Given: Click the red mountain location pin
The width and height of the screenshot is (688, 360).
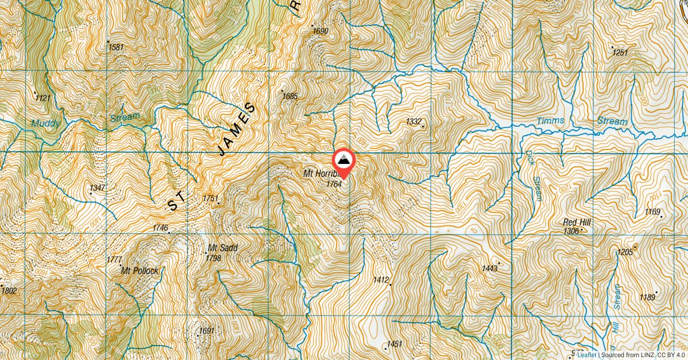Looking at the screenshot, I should (x=344, y=161).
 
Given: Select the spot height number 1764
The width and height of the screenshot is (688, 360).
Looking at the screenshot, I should (x=334, y=184).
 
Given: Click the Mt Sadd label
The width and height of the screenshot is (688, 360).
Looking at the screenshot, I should (x=222, y=248).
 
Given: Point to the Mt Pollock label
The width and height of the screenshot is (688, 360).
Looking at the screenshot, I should (x=139, y=271).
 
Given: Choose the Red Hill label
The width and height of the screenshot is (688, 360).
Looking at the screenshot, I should (x=577, y=222).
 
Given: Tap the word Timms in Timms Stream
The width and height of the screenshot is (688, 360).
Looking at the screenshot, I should (x=550, y=121).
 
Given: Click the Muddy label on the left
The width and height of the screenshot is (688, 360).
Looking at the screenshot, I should (x=45, y=123).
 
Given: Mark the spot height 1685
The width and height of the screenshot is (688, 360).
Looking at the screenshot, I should (x=290, y=96).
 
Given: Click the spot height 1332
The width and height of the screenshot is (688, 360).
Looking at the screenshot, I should (x=413, y=121).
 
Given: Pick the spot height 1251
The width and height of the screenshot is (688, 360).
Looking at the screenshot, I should (x=620, y=53).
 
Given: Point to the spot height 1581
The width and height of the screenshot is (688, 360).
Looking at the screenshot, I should (x=115, y=47).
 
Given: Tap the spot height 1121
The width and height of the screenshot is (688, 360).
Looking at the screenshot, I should (x=42, y=99).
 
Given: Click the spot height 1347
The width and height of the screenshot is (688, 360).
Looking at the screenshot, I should (x=97, y=188).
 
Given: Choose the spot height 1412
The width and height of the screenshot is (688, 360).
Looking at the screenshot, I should (x=381, y=280).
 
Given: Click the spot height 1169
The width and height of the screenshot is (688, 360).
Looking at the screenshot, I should (x=652, y=212).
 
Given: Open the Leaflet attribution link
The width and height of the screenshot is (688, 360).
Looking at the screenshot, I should (x=586, y=355).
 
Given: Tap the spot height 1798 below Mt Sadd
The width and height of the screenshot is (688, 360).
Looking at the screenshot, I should (x=213, y=259).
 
